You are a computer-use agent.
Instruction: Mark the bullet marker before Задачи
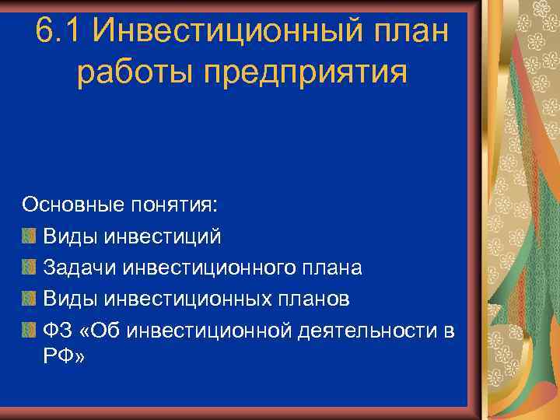point(29,268)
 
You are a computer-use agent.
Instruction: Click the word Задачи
point(75,268)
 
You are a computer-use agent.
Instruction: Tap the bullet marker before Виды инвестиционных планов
point(29,299)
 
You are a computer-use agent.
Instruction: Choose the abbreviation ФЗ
point(58,331)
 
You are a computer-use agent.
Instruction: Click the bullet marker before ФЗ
point(29,331)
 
